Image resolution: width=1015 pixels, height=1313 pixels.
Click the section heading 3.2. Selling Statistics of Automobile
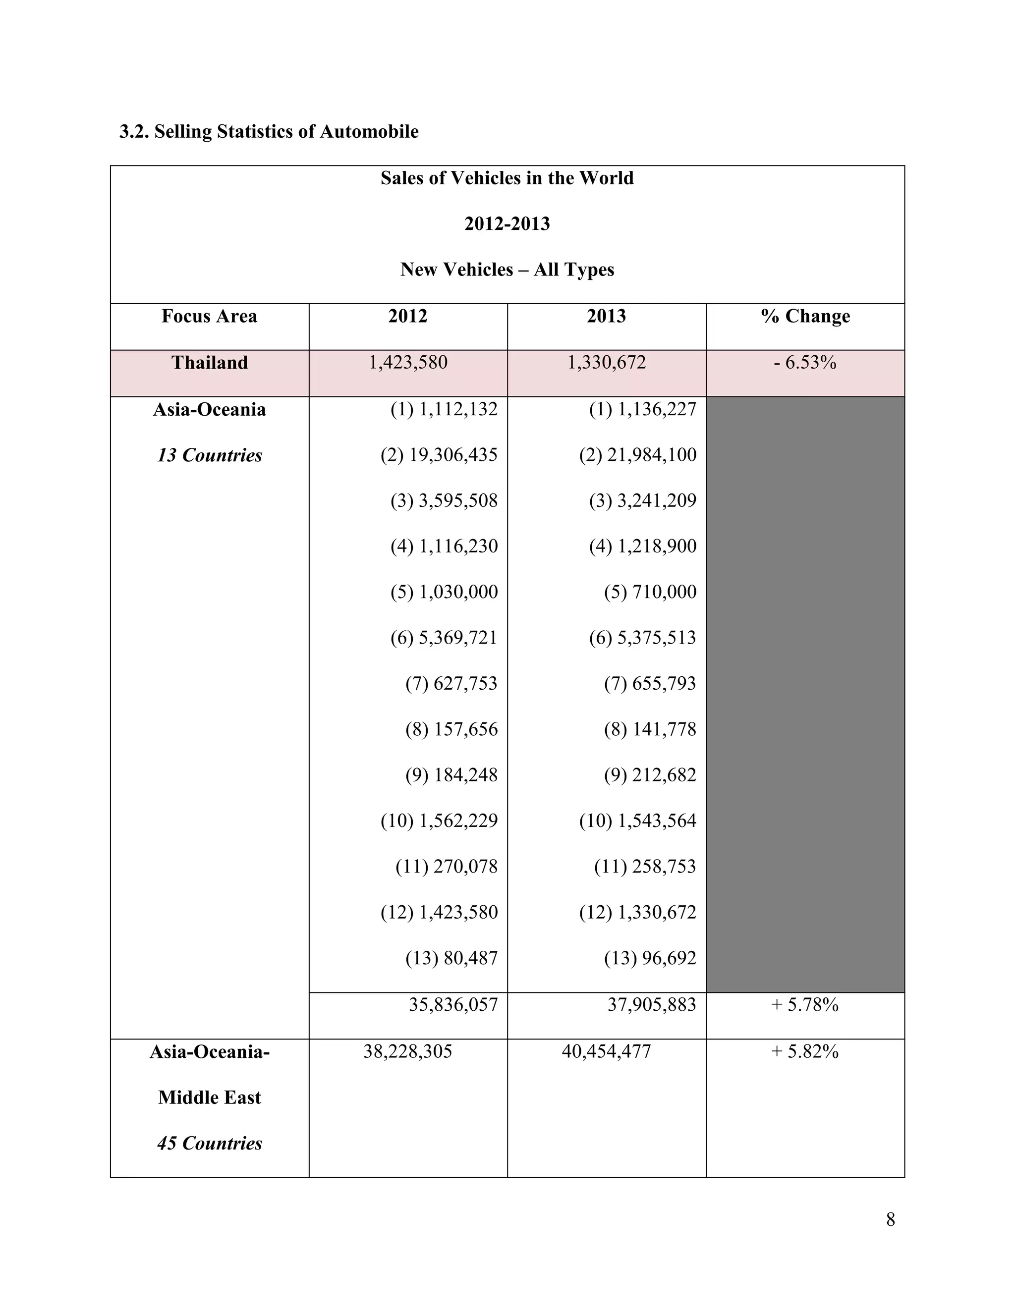[269, 132]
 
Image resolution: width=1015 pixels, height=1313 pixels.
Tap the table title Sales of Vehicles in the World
[507, 178]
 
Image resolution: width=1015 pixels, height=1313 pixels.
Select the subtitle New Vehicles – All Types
[507, 270]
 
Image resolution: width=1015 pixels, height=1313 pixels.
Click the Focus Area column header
[209, 316]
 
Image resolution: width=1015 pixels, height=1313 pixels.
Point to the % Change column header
[805, 316]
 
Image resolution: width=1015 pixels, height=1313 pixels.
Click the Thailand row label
[209, 363]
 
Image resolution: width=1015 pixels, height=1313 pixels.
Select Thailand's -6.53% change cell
[805, 363]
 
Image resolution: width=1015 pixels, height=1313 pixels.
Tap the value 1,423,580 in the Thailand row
[408, 363]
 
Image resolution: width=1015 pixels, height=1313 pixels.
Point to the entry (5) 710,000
[650, 592]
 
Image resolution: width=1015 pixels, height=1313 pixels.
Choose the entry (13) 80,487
[451, 958]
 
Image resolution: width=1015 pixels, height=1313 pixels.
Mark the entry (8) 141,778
[650, 729]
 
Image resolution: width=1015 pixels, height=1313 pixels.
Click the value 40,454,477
[606, 1051]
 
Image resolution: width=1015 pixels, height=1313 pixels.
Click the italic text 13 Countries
[209, 455]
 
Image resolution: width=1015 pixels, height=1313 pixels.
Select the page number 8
[891, 1220]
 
